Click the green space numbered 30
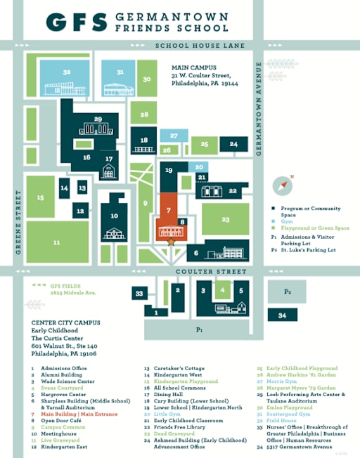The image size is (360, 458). point(146,79)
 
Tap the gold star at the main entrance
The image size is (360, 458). point(172,241)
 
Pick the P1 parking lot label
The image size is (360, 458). point(200,329)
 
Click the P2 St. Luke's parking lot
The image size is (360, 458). point(287,290)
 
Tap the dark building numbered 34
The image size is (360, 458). point(283,316)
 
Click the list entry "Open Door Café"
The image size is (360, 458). point(58,420)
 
